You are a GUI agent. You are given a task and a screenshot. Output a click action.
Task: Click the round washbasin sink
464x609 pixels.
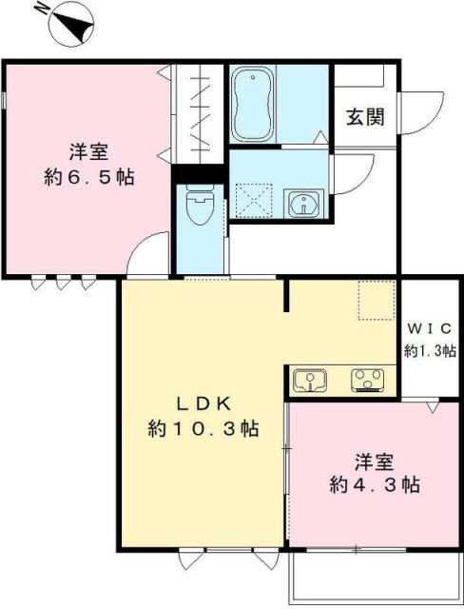click(x=304, y=202)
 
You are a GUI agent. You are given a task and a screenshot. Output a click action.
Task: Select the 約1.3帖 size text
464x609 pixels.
click(x=431, y=349)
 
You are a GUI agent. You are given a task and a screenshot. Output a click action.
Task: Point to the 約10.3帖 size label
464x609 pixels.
click(x=203, y=429)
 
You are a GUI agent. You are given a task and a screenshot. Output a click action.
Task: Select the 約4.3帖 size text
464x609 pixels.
click(x=375, y=484)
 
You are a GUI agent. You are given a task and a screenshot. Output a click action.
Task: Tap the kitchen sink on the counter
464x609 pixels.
click(x=309, y=381)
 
